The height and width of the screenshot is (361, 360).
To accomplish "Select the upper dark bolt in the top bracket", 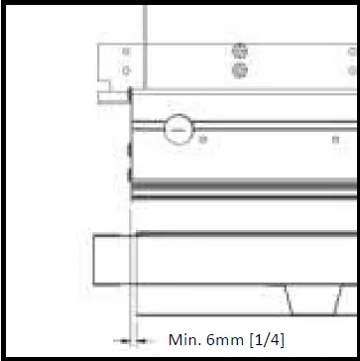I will (x=238, y=51).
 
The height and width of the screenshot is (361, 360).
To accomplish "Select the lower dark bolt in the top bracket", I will (x=238, y=71).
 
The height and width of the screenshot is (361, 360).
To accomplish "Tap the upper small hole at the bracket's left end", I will (x=125, y=51).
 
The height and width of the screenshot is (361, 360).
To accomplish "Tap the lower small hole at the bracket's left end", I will (x=125, y=70).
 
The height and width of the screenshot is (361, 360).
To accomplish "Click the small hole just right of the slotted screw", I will (x=203, y=139).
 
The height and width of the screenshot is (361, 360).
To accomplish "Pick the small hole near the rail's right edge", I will (x=334, y=139).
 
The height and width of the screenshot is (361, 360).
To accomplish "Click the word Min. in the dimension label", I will (x=186, y=340).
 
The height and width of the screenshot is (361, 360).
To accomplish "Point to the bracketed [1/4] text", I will (x=267, y=340).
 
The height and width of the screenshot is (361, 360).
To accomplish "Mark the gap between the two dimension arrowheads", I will (x=130, y=340).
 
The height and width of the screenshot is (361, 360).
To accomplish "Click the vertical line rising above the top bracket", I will (x=146, y=20).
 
